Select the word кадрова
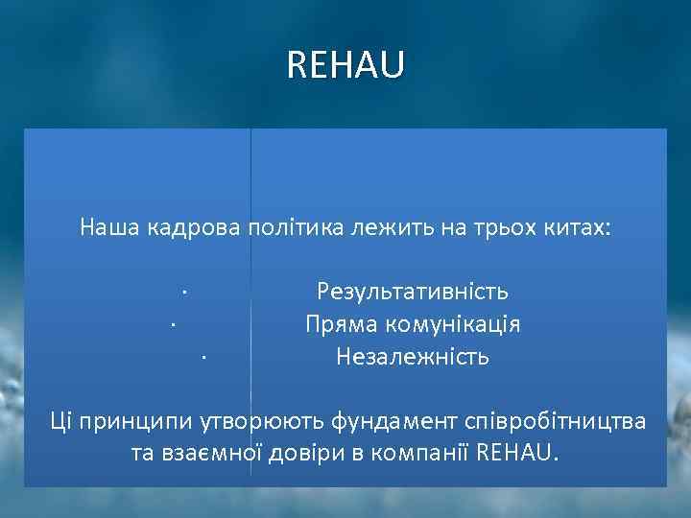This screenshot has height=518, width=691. click(195, 228)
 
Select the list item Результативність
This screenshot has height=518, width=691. click(413, 291)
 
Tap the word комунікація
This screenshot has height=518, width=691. click(451, 324)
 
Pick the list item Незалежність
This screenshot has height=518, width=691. click(413, 357)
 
